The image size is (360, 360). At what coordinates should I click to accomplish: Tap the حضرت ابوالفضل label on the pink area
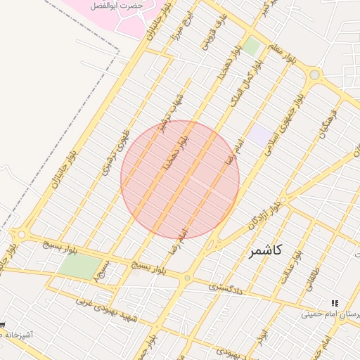117,6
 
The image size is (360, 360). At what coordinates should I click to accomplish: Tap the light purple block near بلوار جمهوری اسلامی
260,136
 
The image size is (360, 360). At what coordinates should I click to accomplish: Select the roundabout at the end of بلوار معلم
314,75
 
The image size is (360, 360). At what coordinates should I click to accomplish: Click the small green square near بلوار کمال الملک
252,46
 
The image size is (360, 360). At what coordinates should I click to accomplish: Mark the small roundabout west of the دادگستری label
187,278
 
